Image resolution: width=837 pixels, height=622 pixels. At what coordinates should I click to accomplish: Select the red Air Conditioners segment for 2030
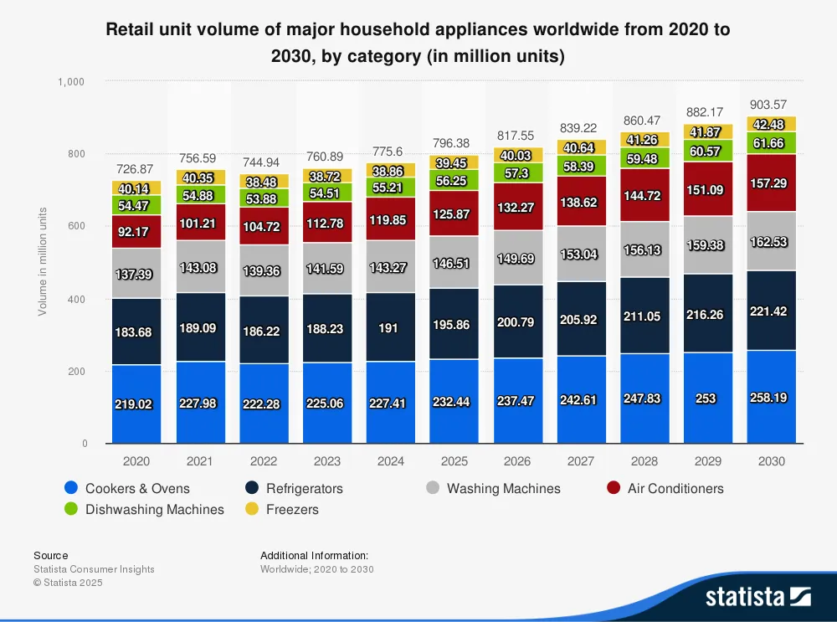pos(771,182)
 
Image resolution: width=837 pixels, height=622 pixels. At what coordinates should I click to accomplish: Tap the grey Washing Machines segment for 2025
pos(454,262)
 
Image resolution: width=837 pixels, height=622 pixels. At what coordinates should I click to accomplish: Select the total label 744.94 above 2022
pos(264,161)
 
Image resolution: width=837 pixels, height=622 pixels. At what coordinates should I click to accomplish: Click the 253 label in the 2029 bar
pos(707,398)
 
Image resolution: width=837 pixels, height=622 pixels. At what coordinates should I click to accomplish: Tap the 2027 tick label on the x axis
pos(580,461)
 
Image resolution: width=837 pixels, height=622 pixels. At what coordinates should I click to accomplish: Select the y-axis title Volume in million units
pos(42,262)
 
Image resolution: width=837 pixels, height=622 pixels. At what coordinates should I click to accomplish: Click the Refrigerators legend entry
pos(304,488)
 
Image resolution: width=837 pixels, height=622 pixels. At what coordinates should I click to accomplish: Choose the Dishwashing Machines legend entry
pos(154,509)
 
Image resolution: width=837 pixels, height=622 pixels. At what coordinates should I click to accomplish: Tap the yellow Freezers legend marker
pos(251,509)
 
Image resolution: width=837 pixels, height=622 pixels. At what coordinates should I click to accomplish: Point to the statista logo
pos(757,596)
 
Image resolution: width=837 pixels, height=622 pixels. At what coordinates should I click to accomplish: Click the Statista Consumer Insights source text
pos(94,569)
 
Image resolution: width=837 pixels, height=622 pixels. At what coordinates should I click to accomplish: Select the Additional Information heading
pos(314,555)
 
